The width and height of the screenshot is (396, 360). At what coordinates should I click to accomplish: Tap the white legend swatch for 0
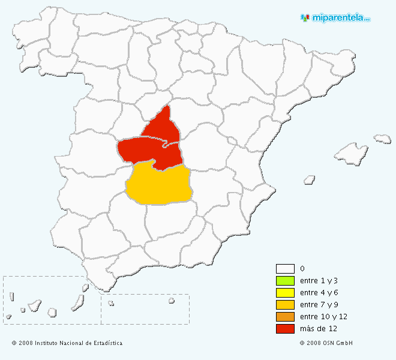[285, 269]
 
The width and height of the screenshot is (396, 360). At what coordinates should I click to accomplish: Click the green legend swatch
[285, 281]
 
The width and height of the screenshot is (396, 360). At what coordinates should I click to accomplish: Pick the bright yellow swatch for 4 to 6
[285, 293]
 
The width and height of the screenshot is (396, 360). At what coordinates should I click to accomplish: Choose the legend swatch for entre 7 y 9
[285, 305]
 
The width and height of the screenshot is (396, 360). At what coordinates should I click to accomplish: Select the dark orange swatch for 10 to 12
[285, 317]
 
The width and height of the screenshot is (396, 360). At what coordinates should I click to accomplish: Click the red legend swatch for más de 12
[285, 329]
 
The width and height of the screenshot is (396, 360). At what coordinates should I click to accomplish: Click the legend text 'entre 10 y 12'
[323, 317]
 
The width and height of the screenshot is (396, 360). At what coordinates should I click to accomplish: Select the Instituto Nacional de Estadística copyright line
[67, 343]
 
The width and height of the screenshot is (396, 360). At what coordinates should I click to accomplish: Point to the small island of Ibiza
[310, 179]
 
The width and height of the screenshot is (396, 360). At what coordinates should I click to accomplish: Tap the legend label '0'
[302, 269]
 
